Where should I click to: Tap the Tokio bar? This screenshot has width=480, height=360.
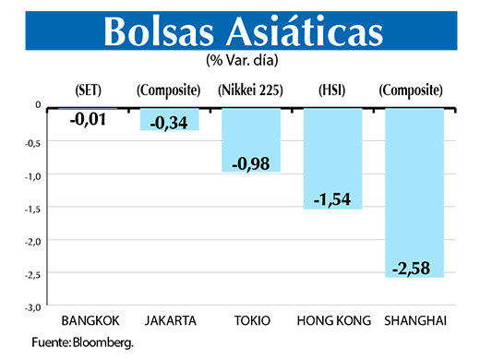251,138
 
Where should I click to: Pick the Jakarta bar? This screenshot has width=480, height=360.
170,119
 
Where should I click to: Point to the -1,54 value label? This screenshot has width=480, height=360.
332,199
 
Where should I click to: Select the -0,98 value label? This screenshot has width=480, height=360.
251,162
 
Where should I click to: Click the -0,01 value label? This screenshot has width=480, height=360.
89,116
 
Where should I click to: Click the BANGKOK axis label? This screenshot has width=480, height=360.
89,321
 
